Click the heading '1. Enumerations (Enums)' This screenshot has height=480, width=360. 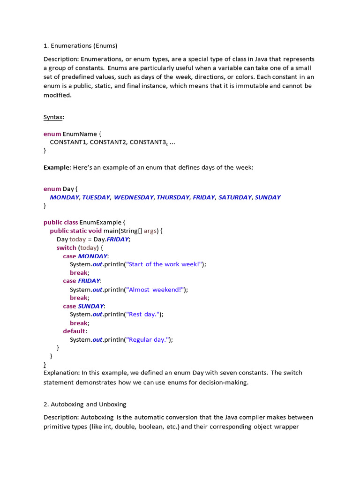tap(80, 46)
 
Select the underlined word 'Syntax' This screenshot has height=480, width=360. tap(53, 117)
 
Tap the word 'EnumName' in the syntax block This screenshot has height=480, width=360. tap(80, 134)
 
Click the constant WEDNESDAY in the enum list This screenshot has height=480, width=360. tap(134, 197)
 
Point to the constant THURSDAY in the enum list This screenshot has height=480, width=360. tap(173, 197)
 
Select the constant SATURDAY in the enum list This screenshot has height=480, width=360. tap(235, 197)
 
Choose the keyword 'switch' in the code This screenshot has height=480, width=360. tap(66, 247)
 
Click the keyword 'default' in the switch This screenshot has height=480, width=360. tap(74, 331)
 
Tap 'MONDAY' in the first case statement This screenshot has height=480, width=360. tap(92, 256)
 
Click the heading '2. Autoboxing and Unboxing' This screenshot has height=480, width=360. tap(85, 404)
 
